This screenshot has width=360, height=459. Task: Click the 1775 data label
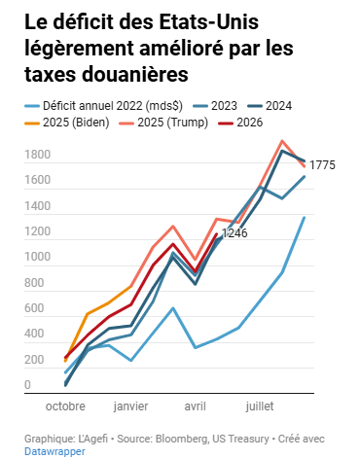tap(322, 165)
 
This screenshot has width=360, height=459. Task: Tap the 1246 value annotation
tap(234, 232)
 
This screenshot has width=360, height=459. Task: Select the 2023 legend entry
tap(215, 106)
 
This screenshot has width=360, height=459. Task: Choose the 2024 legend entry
tap(270, 106)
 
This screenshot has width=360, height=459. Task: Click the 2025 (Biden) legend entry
tap(67, 123)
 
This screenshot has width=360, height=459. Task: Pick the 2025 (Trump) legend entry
tap(163, 123)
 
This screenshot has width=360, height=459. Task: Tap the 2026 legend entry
tap(240, 123)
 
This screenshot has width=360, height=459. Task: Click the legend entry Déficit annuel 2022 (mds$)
tap(104, 106)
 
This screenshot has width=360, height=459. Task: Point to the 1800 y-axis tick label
tap(38, 155)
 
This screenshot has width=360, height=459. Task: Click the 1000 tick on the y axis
tap(38, 257)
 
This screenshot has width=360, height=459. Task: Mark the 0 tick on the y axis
tap(27, 385)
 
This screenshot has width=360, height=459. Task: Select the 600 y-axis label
tap(34, 307)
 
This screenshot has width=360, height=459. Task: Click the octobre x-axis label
tap(65, 406)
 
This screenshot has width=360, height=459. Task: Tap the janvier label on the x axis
tap(130, 406)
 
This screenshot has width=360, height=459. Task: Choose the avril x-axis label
tap(196, 406)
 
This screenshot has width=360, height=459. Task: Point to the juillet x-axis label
tap(260, 406)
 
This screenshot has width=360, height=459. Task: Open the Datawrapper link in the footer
tap(54, 451)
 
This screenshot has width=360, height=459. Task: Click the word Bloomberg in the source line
tap(182, 439)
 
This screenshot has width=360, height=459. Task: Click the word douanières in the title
tap(135, 74)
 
